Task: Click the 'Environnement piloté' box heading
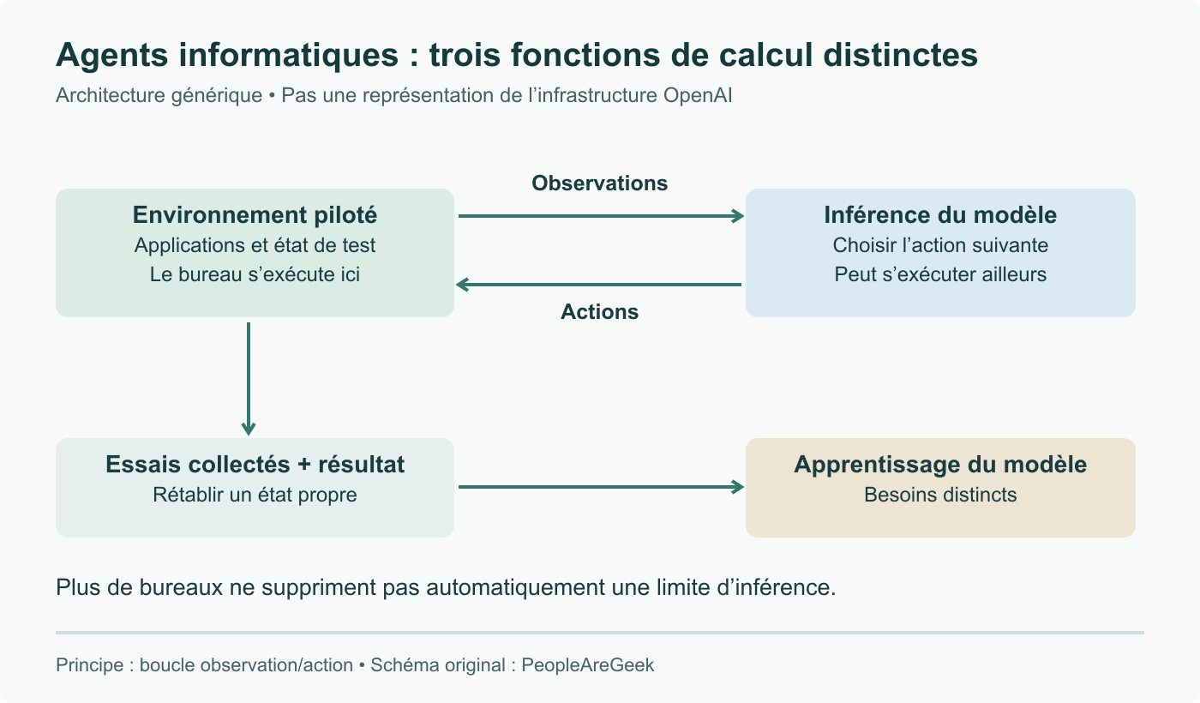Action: [x=255, y=215]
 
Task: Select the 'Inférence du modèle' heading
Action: [x=940, y=215]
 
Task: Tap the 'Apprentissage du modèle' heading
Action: [x=940, y=465]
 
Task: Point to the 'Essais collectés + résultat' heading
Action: [x=255, y=465]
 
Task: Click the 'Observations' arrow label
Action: [x=599, y=183]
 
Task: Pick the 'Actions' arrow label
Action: [x=599, y=312]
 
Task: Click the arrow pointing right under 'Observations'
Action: [x=601, y=216]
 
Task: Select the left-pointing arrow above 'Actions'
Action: [x=598, y=285]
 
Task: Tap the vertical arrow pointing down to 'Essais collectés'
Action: [x=249, y=379]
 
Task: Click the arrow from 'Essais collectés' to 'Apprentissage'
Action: [x=601, y=487]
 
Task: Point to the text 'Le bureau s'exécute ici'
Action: [x=255, y=274]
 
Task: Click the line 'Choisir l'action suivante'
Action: [x=940, y=245]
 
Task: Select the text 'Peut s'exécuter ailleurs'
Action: [x=940, y=274]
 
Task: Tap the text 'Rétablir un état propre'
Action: [x=255, y=496]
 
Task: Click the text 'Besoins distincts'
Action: [x=940, y=496]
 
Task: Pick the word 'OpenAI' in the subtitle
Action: [x=698, y=96]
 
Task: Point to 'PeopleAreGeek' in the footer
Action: [x=588, y=665]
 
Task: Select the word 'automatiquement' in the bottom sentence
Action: [x=516, y=588]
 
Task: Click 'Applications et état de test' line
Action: [x=255, y=245]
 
